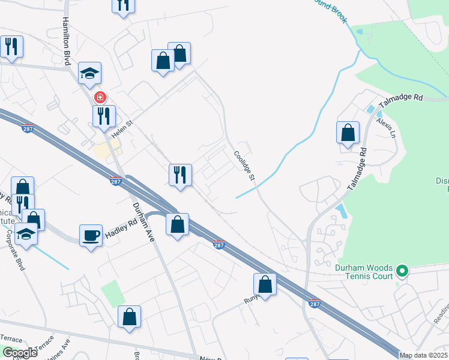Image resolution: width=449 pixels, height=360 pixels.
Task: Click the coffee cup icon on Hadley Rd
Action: (91, 235)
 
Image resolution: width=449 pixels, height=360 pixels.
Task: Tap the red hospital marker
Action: (100, 97)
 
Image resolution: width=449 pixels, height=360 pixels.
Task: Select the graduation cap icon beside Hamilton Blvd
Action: (89, 73)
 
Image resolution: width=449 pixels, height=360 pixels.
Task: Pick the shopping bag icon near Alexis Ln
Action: (348, 133)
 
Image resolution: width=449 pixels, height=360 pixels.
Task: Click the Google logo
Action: (20, 353)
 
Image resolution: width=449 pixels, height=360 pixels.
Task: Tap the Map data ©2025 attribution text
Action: (423, 355)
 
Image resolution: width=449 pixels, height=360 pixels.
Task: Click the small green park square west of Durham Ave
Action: (112, 292)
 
